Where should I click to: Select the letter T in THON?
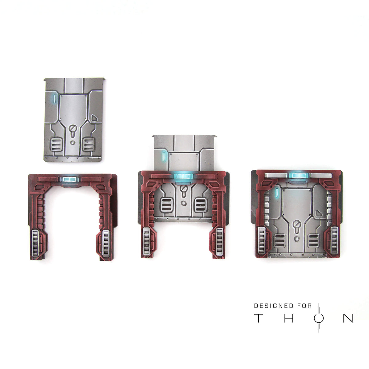pos(258,318)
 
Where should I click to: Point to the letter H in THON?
pos(289,318)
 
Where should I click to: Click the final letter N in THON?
pos(348,318)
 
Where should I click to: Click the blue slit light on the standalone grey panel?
pos(54,98)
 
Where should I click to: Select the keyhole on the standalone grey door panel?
pos(72,130)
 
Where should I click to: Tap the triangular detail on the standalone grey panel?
pos(94,118)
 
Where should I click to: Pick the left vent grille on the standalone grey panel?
pos(56,145)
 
